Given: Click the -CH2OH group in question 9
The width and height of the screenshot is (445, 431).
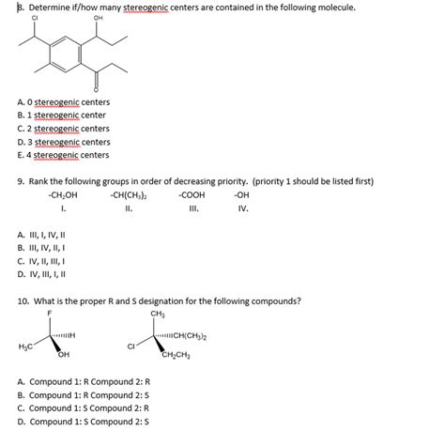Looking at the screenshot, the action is [x=62, y=194].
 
